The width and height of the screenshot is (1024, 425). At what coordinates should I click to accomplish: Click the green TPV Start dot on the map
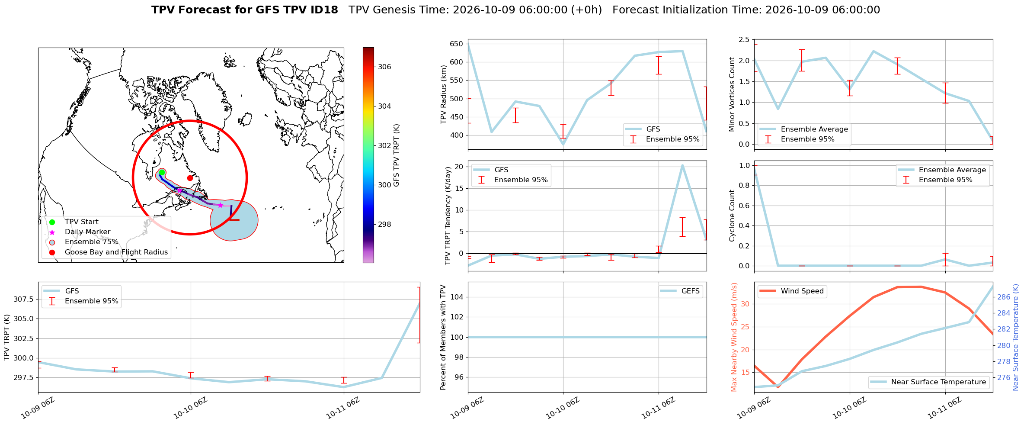[x=162, y=173]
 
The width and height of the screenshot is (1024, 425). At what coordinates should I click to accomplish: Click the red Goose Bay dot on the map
[x=190, y=178]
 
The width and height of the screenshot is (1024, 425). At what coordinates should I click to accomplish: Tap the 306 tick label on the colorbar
[x=384, y=67]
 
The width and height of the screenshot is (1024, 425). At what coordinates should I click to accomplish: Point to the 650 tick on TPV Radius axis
[x=456, y=44]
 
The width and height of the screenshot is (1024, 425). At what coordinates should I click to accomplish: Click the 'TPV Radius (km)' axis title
[x=443, y=94]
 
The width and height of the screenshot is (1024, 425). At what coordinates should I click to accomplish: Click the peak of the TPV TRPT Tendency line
[x=682, y=165]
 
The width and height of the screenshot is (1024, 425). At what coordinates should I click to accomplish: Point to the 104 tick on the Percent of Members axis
[x=458, y=297]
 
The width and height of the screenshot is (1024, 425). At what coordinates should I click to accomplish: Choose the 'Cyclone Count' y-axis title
[x=732, y=216]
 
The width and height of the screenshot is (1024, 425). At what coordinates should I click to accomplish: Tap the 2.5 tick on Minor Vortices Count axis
[x=744, y=40]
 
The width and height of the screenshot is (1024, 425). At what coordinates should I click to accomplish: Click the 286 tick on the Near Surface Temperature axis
[x=1004, y=297]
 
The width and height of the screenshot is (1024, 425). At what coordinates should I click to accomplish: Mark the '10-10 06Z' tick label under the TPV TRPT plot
[x=190, y=408]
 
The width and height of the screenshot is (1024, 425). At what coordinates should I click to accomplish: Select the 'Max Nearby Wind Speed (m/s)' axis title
[x=734, y=337]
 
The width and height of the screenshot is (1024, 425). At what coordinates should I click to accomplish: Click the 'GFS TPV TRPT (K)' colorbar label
[x=397, y=155]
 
